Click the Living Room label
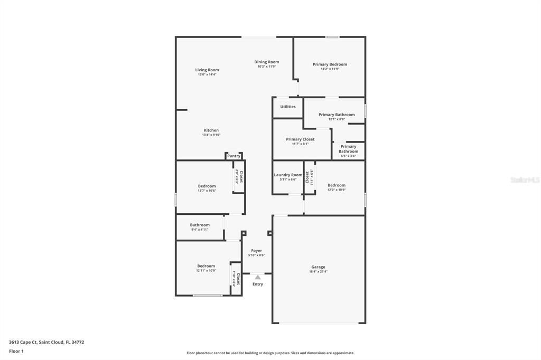pyautogui.click(x=207, y=70)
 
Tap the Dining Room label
pyautogui.click(x=266, y=62)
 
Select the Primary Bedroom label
pyautogui.click(x=330, y=64)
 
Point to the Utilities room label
pyautogui.click(x=288, y=107)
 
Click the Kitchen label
pyautogui.click(x=211, y=130)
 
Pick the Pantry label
pyautogui.click(x=234, y=156)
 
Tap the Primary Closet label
pyautogui.click(x=300, y=139)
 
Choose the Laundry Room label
pyautogui.click(x=288, y=175)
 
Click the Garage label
pyautogui.click(x=318, y=267)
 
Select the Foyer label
pyautogui.click(x=256, y=251)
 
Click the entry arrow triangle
pyautogui.click(x=257, y=277)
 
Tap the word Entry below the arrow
pyautogui.click(x=257, y=284)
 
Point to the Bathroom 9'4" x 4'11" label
pyautogui.click(x=200, y=225)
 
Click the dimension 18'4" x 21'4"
pyautogui.click(x=318, y=272)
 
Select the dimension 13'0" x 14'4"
pyautogui.click(x=207, y=74)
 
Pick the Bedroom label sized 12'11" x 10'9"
pyautogui.click(x=206, y=266)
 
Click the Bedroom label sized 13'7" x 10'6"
pyautogui.click(x=207, y=186)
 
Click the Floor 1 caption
pyautogui.click(x=16, y=351)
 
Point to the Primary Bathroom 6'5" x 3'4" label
pyautogui.click(x=348, y=149)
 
